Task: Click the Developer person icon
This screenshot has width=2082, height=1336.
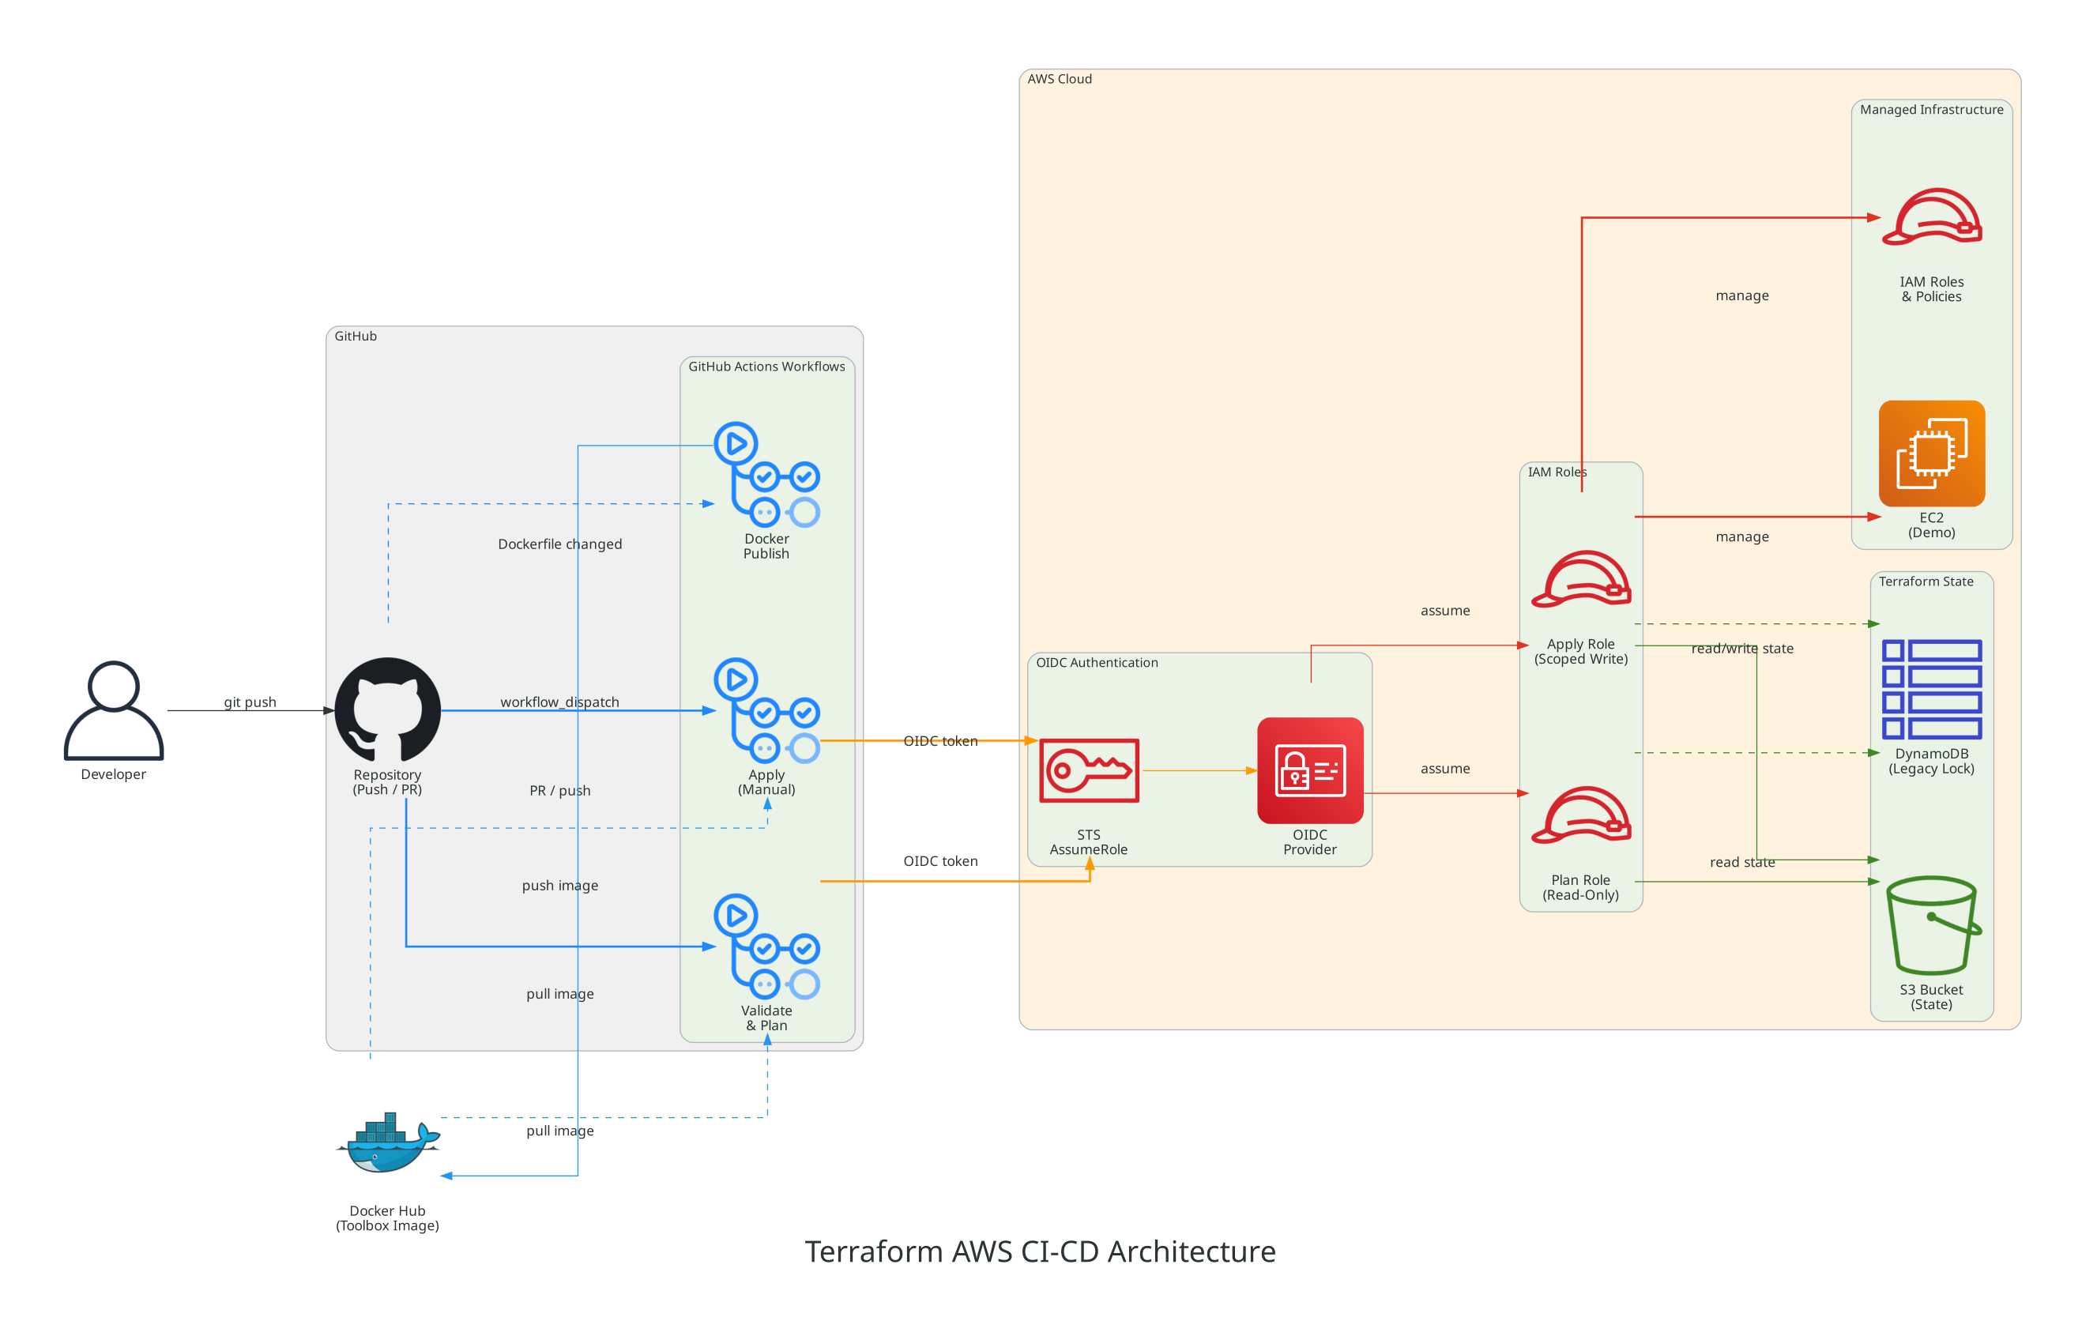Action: coord(114,710)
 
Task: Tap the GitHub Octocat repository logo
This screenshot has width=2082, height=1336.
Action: coord(388,709)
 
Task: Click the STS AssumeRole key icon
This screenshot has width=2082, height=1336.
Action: coord(1089,770)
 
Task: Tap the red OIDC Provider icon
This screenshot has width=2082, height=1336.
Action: coord(1310,770)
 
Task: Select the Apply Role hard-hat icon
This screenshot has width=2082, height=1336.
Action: coord(1580,578)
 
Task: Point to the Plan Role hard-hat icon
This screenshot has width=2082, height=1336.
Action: coord(1580,815)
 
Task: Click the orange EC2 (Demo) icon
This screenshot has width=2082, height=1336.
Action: coord(1931,453)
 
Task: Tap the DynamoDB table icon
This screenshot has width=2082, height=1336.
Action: coord(1931,690)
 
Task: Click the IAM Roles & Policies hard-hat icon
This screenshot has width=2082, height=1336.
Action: coord(1931,218)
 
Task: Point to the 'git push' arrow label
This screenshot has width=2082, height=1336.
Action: coord(250,702)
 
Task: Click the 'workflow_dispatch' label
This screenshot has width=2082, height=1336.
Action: coord(559,702)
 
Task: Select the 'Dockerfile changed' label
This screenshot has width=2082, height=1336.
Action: coord(559,544)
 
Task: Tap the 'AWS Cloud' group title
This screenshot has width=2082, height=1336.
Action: coord(1060,79)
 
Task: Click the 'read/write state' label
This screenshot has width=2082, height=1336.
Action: coord(1742,648)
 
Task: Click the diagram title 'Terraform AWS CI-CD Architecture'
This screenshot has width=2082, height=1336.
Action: coord(1040,1251)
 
